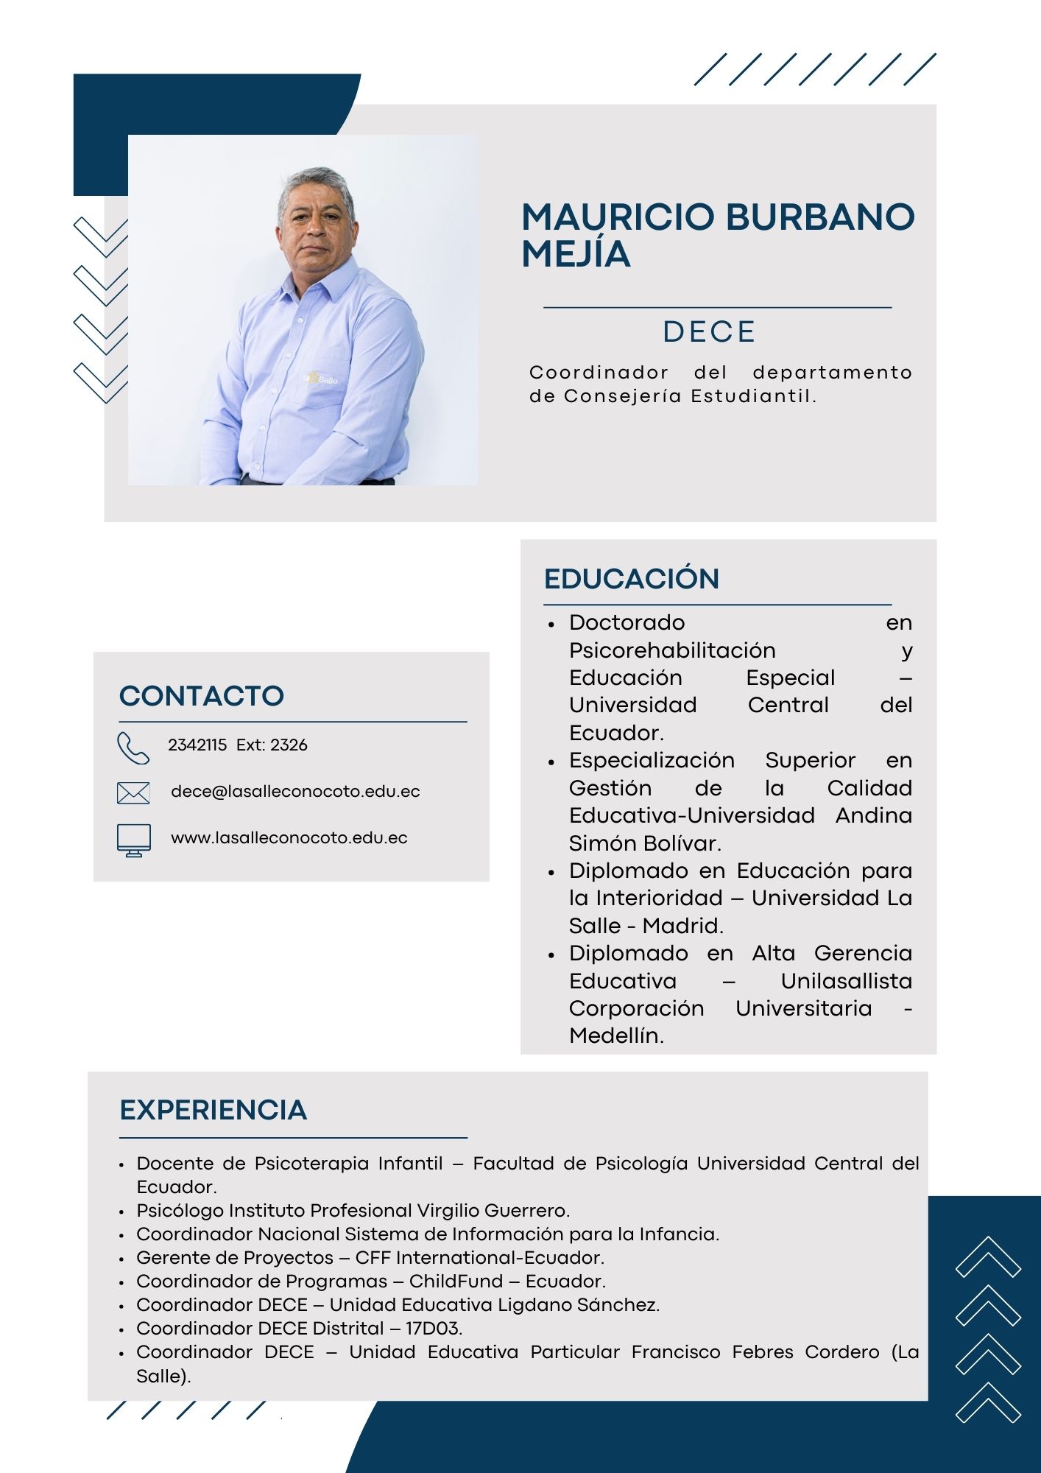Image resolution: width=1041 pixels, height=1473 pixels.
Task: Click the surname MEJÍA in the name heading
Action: coord(576,254)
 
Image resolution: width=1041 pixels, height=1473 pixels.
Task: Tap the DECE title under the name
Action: coord(709,331)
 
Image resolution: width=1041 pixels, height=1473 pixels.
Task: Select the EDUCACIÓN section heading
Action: coord(631,578)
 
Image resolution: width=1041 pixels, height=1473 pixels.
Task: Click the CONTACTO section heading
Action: coord(201,695)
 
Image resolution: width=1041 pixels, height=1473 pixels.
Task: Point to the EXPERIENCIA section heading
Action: coord(213,1109)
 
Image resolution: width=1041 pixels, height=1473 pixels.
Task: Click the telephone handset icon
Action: coord(133,748)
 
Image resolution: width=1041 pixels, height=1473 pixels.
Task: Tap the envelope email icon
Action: coord(133,792)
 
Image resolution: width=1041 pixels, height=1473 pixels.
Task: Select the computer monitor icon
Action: coord(133,840)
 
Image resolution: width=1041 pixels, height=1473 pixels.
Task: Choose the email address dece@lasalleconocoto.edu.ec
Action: coord(295,791)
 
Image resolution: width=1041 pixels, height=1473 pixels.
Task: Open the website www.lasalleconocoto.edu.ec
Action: coord(289,837)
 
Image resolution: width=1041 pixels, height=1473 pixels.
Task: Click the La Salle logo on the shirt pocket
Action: coord(321,379)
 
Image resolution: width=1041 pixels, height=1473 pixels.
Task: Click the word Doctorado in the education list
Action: coord(627,622)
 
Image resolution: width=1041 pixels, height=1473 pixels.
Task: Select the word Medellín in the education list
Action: coord(615,1036)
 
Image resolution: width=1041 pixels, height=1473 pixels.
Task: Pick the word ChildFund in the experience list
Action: coord(456,1281)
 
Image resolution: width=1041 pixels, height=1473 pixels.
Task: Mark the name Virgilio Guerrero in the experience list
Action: coord(493,1210)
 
